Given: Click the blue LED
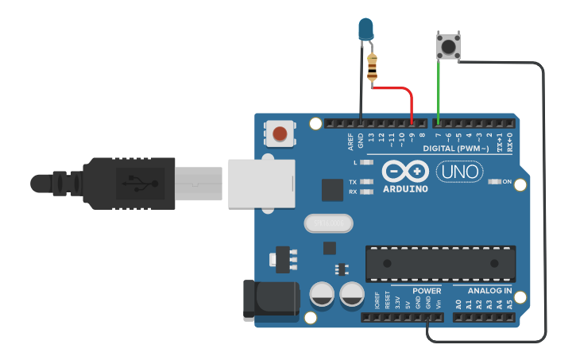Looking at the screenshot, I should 365,30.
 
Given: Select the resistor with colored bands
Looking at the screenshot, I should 373,67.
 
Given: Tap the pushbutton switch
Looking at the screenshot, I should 448,45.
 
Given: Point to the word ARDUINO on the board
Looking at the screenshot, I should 404,189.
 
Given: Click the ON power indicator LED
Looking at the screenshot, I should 493,182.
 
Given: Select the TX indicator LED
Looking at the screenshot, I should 366,182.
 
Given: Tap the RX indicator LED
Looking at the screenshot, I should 366,192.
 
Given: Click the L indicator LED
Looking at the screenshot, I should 366,162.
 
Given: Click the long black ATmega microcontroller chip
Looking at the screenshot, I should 439,263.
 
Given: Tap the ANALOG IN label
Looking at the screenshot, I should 489,291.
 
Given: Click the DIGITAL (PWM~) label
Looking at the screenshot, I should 455,149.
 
